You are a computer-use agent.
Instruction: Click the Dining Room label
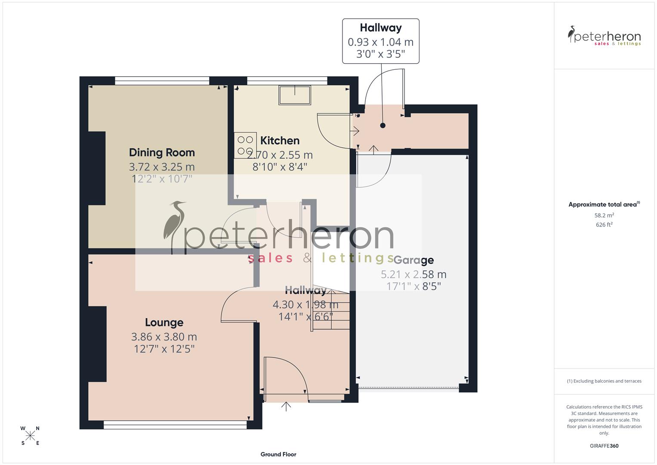[162, 152]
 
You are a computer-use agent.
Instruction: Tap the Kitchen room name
[280, 141]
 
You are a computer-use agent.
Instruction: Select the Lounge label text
[164, 322]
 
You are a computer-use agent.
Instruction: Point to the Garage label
[413, 260]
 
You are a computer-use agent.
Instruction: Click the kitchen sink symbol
[295, 95]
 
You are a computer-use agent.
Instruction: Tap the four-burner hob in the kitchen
[245, 145]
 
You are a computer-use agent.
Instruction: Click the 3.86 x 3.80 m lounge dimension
[164, 337]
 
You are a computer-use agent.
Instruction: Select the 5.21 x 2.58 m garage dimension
[413, 274]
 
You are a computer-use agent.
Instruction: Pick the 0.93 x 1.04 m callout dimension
[380, 42]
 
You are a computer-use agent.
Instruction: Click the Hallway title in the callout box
[381, 28]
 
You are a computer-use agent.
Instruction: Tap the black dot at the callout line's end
[382, 126]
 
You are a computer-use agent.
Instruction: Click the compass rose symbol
[30, 436]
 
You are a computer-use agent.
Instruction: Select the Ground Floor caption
[278, 454]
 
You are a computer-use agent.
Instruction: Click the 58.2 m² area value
[604, 215]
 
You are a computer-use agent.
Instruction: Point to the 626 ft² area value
[604, 225]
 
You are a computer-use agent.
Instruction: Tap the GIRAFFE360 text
[604, 446]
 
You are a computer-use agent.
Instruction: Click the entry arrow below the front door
[287, 406]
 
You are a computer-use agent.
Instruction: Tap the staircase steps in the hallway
[330, 310]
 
